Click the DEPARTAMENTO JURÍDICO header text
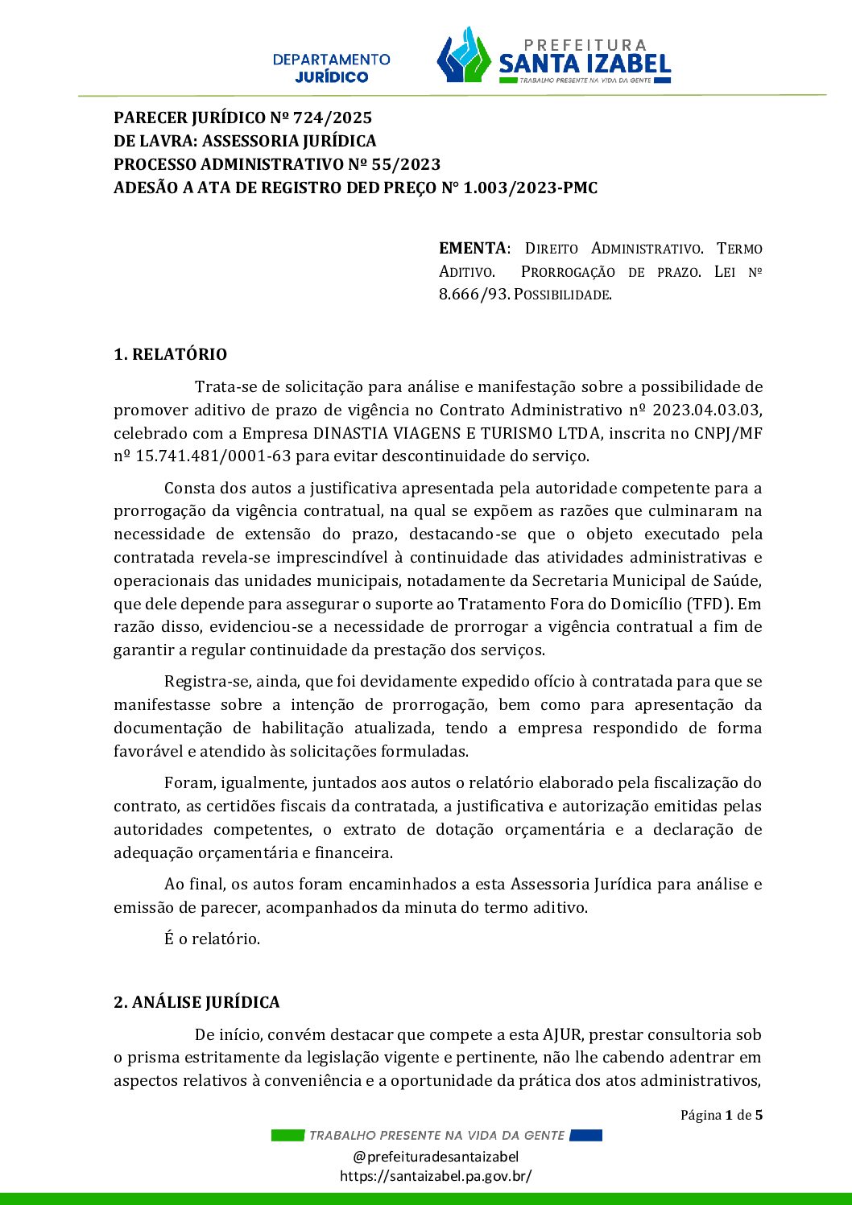[x=331, y=68]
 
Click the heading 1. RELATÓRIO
[x=170, y=354]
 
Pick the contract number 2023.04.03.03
[x=706, y=410]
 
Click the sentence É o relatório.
[x=212, y=939]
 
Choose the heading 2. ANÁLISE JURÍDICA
[x=196, y=1002]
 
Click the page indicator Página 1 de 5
[x=721, y=1115]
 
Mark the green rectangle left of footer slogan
[x=287, y=1135]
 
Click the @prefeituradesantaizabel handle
[x=436, y=1157]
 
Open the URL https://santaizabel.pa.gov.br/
[x=436, y=1176]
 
